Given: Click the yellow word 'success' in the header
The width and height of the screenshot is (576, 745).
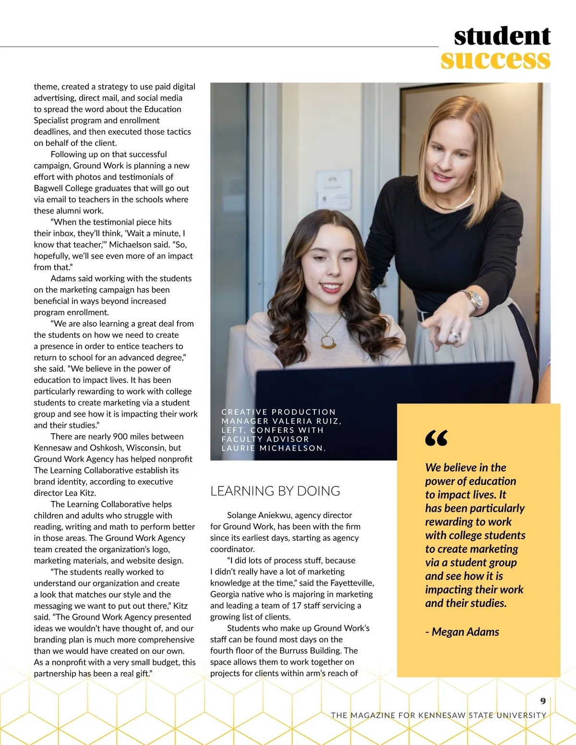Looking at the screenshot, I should coord(495,60).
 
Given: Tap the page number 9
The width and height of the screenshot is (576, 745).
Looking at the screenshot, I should coord(543,701).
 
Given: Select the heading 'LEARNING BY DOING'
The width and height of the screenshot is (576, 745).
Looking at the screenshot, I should coord(275,491).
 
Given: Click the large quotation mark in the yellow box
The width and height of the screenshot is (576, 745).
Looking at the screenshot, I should coord(436,438).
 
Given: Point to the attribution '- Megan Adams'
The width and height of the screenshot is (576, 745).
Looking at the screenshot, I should coord(462,632).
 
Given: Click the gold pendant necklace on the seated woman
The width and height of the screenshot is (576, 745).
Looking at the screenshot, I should coord(328,340).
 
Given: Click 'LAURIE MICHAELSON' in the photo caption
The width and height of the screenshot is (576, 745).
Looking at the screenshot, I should coord(273,448).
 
